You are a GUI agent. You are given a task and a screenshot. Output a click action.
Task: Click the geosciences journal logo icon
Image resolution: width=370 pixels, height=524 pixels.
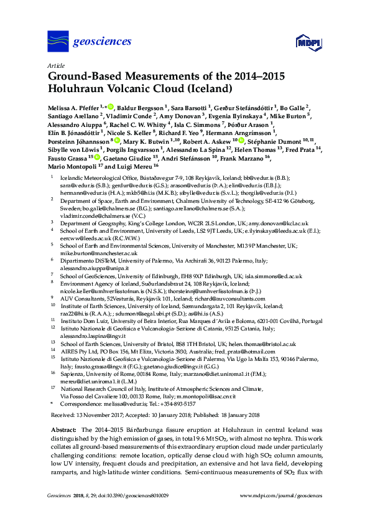point(58,42)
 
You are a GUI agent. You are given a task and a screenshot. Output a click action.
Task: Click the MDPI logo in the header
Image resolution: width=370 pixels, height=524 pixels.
point(309,42)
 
